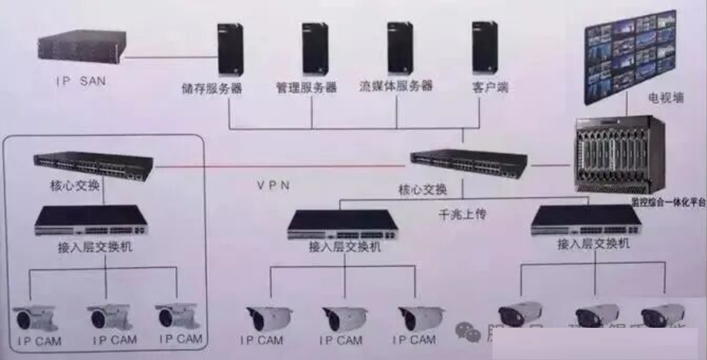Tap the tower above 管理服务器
tap(315, 48)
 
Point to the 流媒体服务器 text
tap(396, 86)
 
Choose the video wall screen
tap(630, 56)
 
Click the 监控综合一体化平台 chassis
tap(619, 154)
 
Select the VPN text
tap(273, 186)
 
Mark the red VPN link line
tap(280, 167)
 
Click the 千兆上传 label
tap(462, 215)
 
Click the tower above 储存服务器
tap(230, 49)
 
